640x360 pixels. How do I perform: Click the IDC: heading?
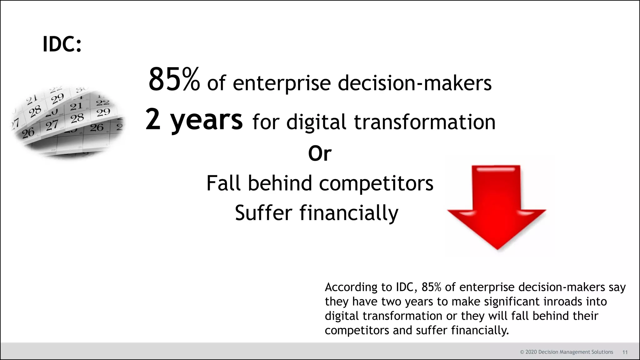(62, 44)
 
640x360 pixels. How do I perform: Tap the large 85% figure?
(174, 80)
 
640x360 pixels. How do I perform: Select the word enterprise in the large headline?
(282, 83)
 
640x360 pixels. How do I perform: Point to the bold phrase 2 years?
(194, 120)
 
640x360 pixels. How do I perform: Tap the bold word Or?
(320, 154)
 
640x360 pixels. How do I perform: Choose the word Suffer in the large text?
(263, 213)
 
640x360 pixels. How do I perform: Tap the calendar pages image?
(67, 122)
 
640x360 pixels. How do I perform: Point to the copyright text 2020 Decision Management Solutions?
(566, 352)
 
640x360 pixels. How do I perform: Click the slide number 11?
(625, 352)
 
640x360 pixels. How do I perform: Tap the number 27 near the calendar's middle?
(52, 126)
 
